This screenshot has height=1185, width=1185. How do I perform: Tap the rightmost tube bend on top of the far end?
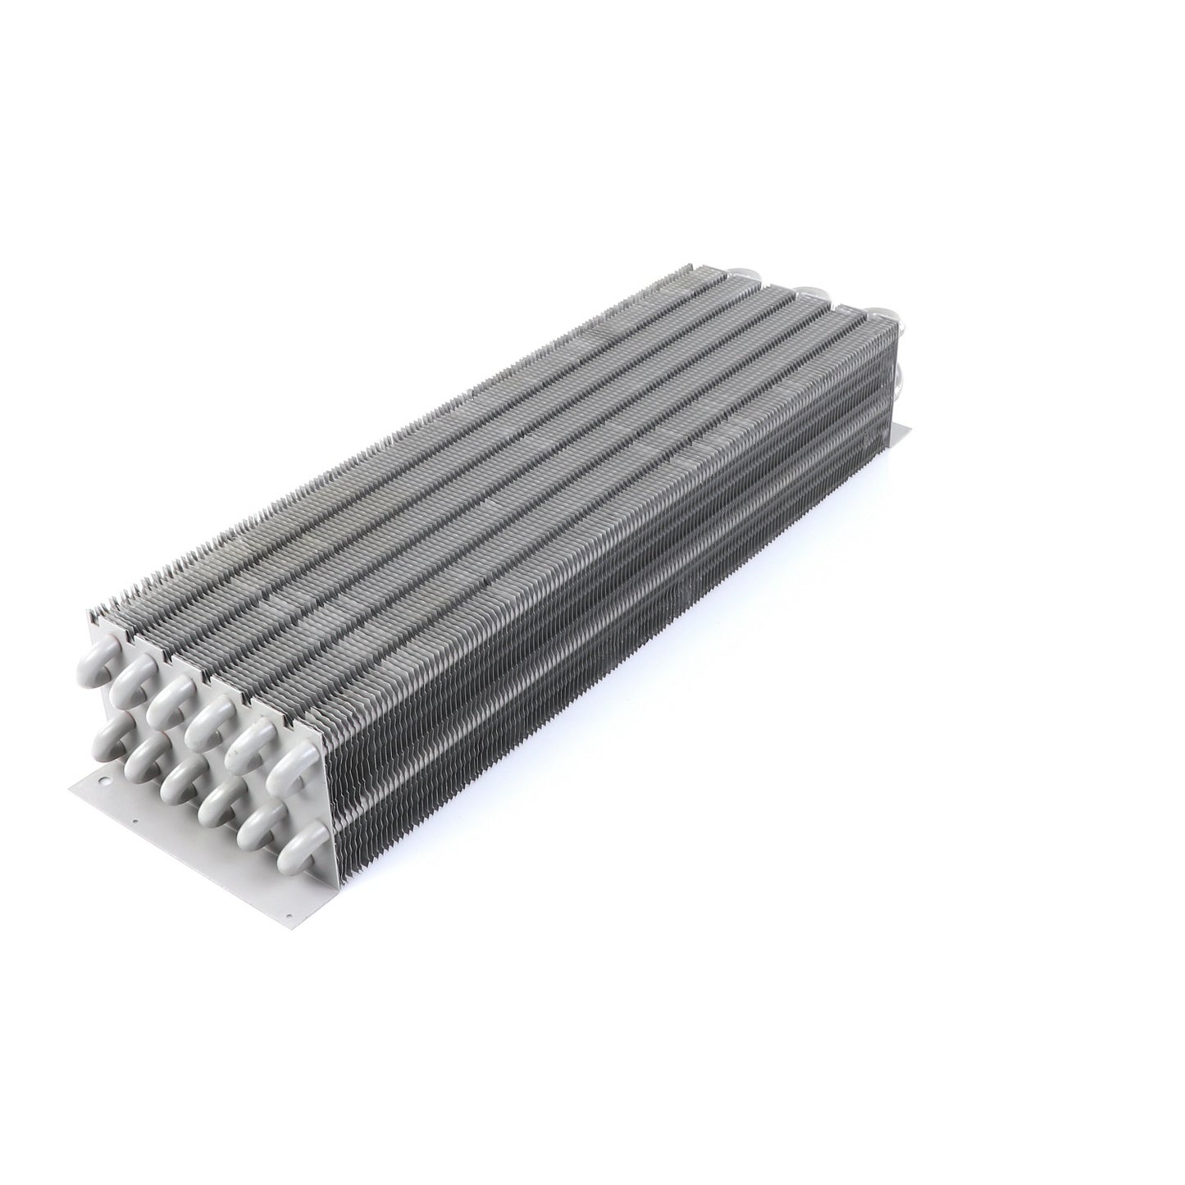tap(882, 312)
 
